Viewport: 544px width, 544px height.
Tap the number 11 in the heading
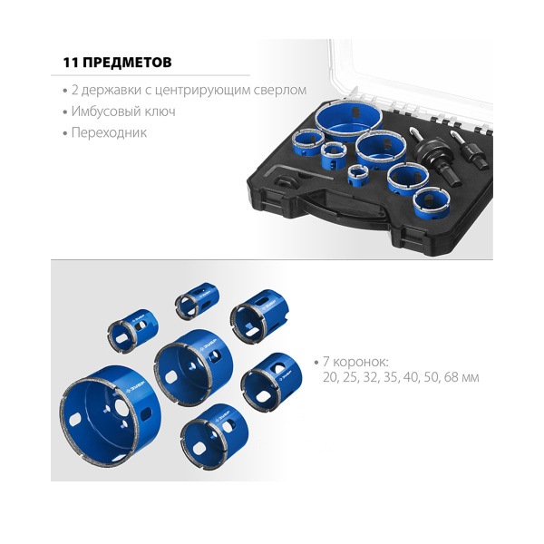pyautogui.click(x=70, y=62)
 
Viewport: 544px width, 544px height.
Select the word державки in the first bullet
pyautogui.click(x=112, y=90)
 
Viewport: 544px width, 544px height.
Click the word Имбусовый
pyautogui.click(x=104, y=112)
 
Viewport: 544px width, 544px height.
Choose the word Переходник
pyautogui.click(x=109, y=133)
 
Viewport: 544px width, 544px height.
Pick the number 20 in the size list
pyautogui.click(x=330, y=377)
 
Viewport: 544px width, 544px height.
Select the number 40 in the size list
pyautogui.click(x=411, y=377)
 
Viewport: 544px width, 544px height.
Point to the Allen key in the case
pyautogui.click(x=298, y=171)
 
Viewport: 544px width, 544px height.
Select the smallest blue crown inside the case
pyautogui.click(x=358, y=175)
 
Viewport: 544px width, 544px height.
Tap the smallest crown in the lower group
pyautogui.click(x=197, y=301)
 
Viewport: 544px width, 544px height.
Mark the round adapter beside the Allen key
pyautogui.click(x=287, y=181)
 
